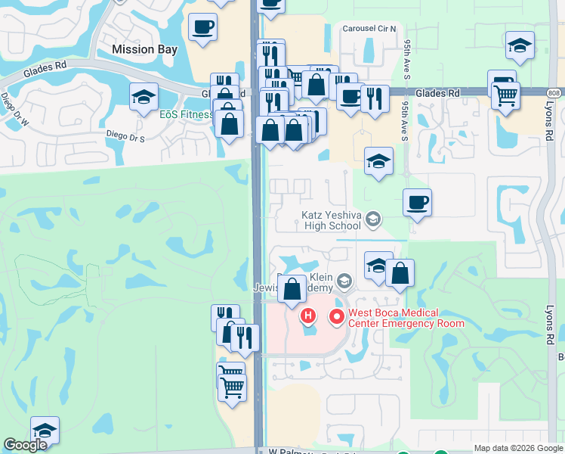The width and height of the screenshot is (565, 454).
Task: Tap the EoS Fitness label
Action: click(186, 115)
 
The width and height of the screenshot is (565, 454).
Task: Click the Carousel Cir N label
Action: click(369, 29)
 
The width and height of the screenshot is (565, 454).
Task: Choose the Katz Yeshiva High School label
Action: click(332, 220)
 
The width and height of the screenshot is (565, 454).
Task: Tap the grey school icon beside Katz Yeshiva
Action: click(372, 219)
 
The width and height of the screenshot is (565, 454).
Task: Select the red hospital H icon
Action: click(307, 316)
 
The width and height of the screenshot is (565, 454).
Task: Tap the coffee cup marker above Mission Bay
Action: click(202, 28)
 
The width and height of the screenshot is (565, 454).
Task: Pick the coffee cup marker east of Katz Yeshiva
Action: click(417, 203)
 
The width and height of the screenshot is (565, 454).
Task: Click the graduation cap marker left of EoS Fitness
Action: click(144, 97)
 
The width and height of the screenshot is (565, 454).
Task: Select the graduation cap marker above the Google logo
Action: click(45, 431)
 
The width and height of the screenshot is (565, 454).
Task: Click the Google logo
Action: click(25, 445)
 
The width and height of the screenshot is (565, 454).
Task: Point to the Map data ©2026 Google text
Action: click(517, 448)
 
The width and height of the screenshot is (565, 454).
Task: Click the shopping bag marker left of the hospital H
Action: click(292, 289)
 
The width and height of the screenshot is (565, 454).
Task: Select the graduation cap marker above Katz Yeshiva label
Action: click(378, 161)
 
